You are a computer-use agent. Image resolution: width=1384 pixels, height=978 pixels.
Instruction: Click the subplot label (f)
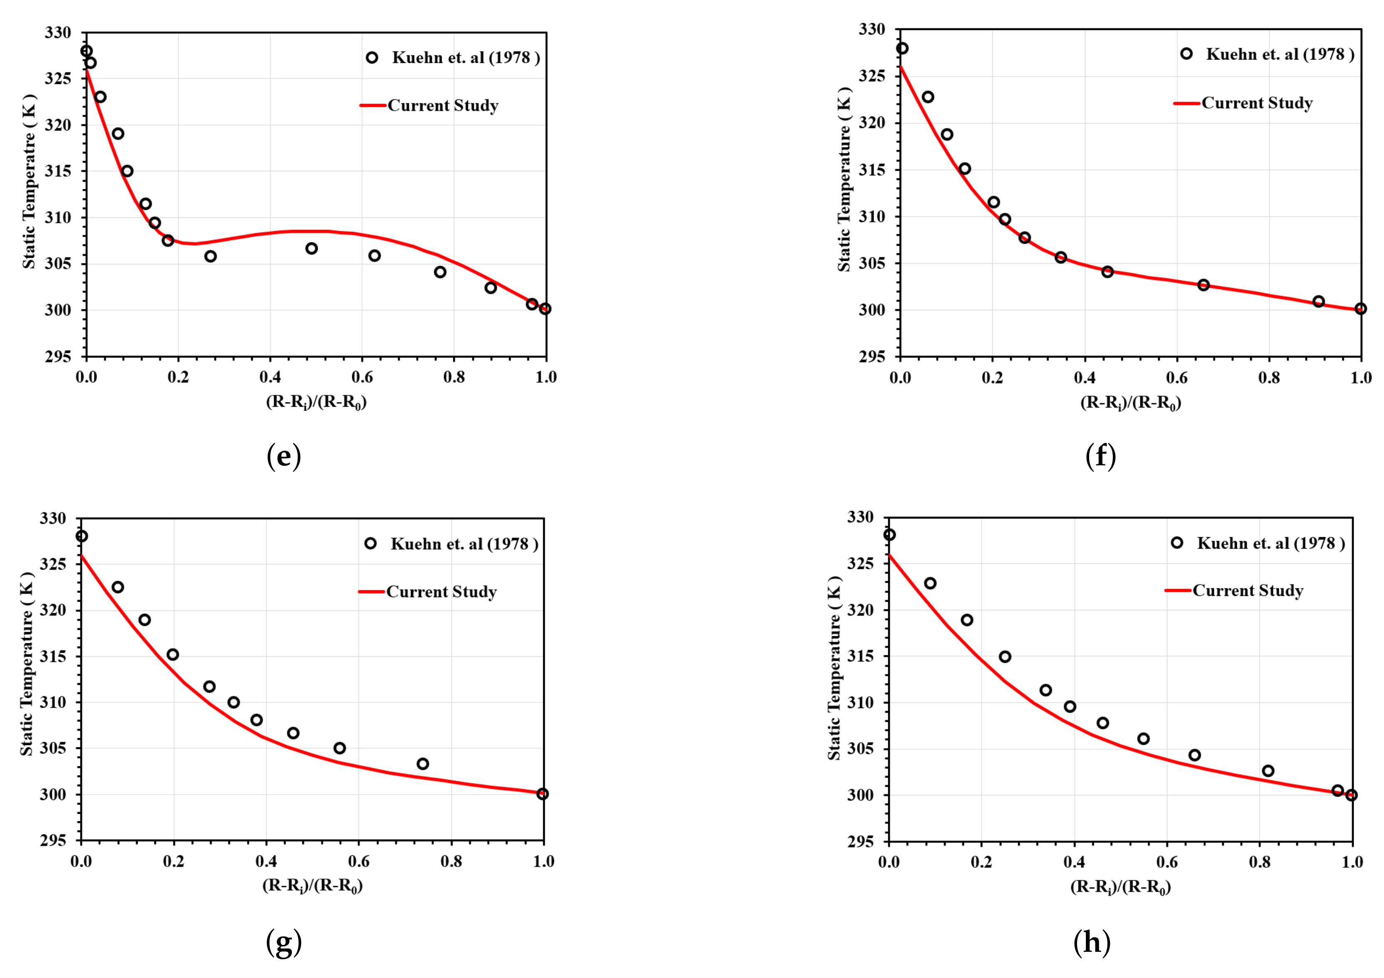1101,456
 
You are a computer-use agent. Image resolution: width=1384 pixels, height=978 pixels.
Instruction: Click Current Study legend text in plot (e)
443,106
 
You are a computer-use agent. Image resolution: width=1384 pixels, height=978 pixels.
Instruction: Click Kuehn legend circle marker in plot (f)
1186,54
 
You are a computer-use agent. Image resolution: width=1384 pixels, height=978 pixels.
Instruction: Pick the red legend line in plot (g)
372,592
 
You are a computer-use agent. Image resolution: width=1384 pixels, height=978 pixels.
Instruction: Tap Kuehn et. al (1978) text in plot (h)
1270,543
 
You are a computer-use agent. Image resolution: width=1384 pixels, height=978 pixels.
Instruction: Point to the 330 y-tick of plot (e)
58,32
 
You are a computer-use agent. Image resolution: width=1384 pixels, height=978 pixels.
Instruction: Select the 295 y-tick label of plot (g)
53,841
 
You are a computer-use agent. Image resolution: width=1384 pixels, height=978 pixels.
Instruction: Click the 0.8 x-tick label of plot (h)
1259,862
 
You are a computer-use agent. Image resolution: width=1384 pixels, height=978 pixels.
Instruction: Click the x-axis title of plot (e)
316,402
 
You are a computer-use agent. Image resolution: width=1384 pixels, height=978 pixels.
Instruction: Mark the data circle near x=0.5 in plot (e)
311,248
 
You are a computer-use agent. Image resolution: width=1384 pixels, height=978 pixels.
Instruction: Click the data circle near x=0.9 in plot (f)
1319,301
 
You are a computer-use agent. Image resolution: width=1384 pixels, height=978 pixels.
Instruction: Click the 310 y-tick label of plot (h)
860,703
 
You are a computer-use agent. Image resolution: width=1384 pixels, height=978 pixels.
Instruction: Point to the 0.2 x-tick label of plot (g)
173,862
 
